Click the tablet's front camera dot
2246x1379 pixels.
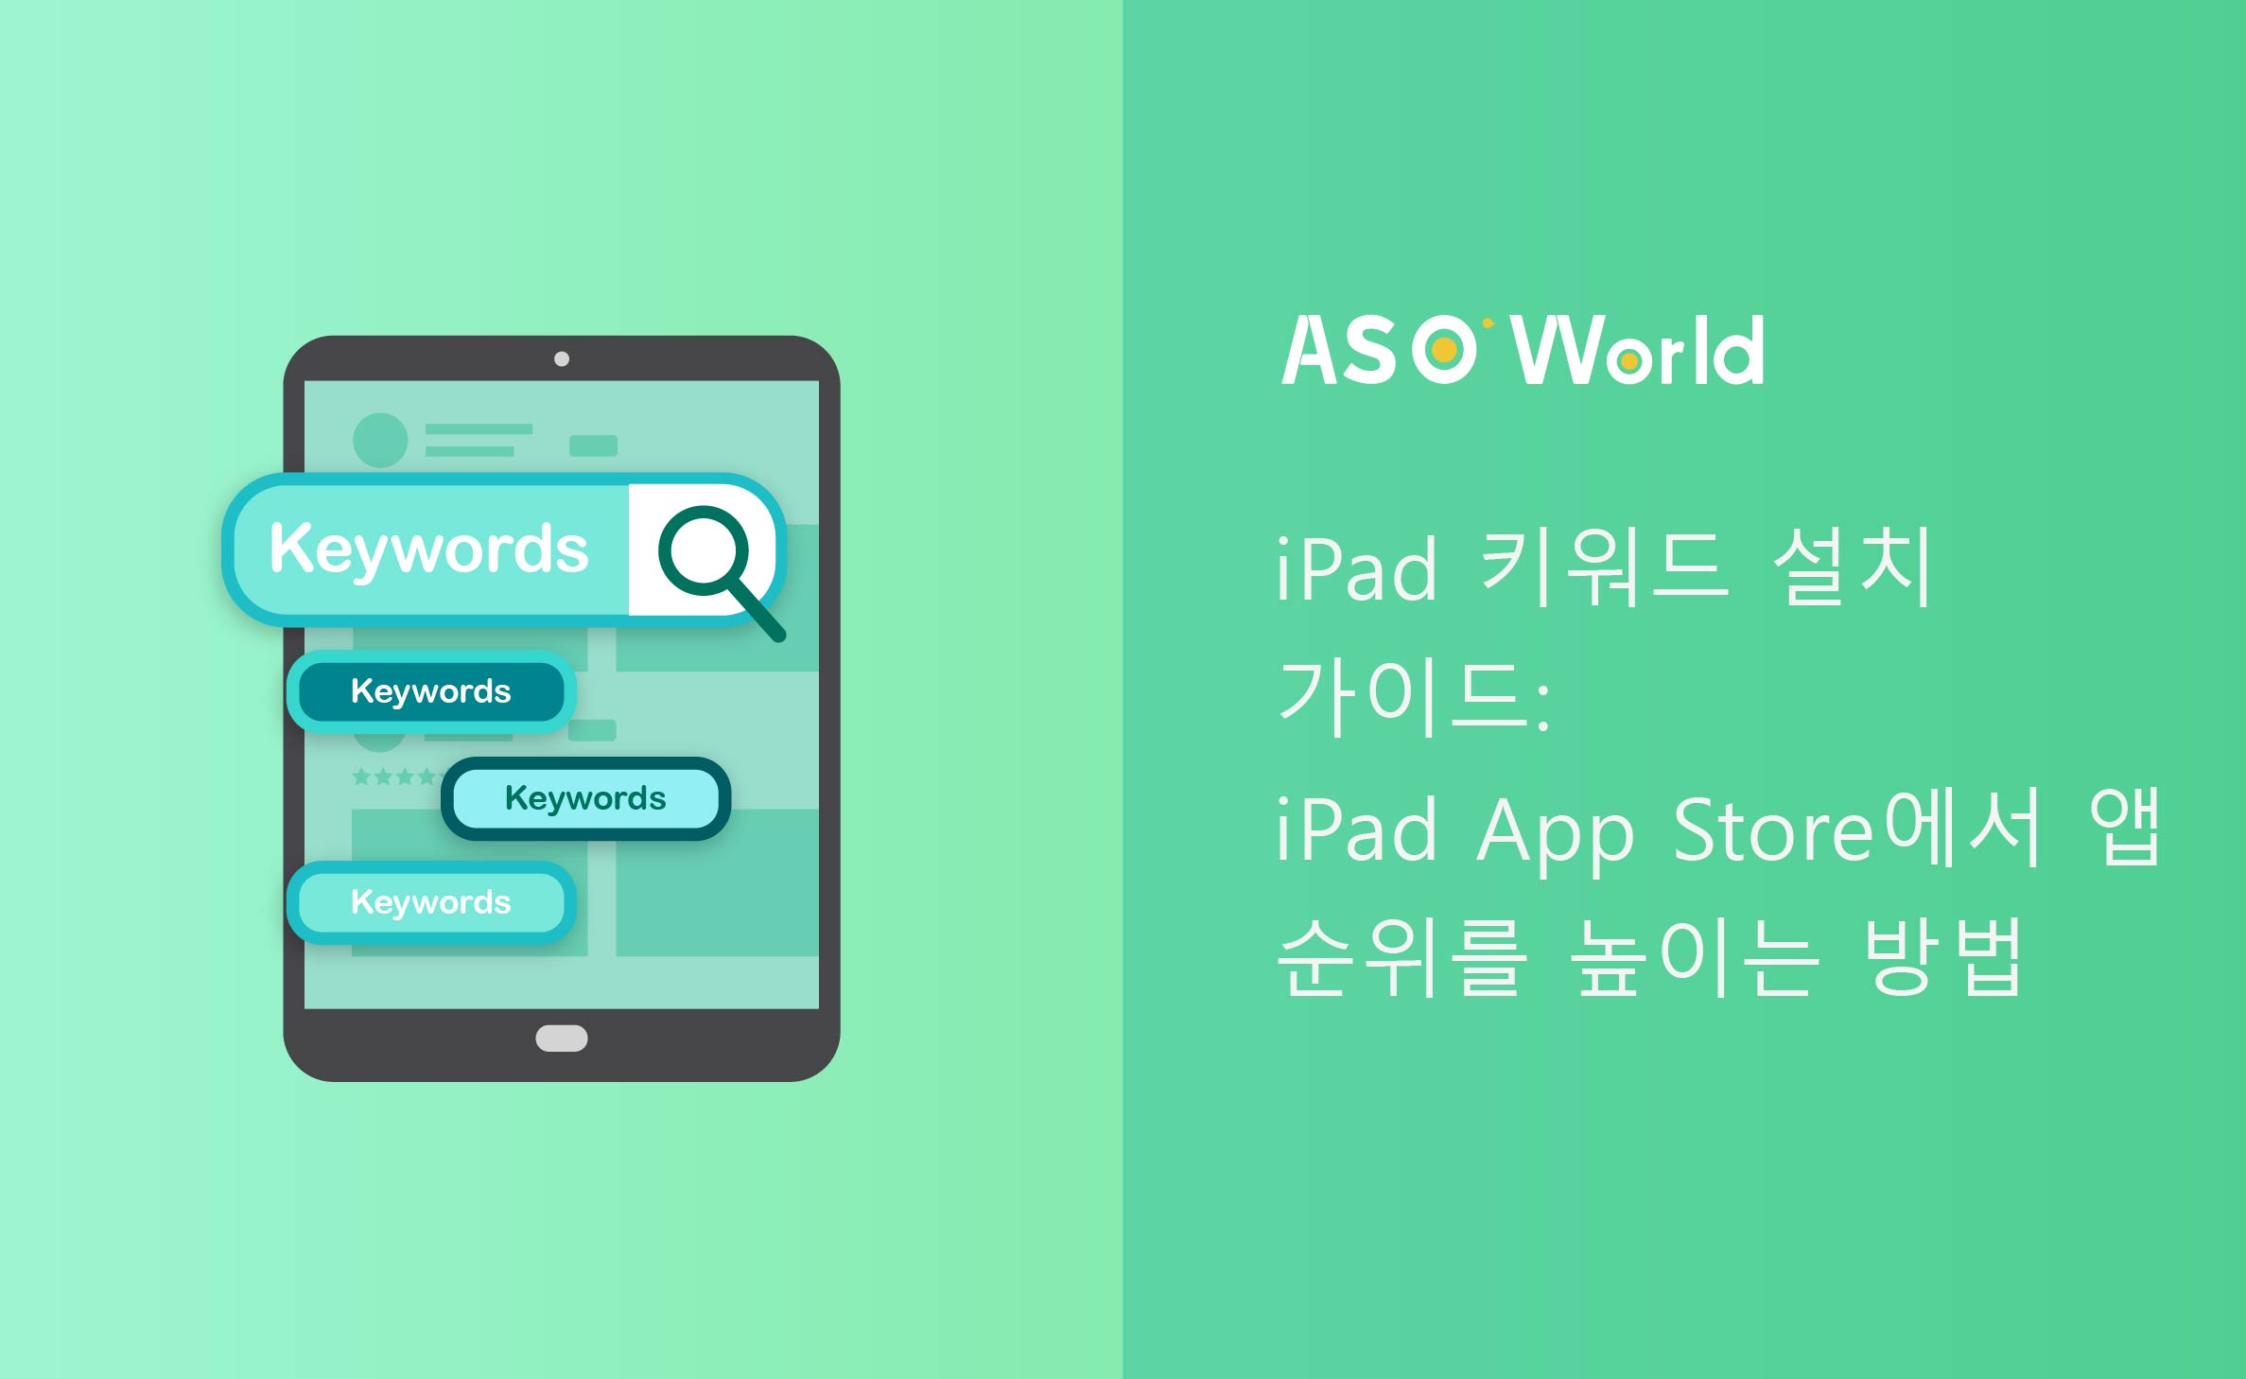click(562, 359)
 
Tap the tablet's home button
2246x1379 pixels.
click(562, 1039)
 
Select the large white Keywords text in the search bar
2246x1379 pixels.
click(429, 550)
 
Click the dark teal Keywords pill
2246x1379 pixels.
click(431, 691)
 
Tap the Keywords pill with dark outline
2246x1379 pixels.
click(585, 798)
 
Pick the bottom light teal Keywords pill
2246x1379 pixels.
click(431, 902)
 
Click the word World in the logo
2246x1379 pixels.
click(1638, 350)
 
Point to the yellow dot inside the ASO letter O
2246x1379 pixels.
click(1444, 350)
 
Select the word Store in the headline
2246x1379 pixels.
click(1775, 831)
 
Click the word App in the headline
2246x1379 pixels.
click(1556, 835)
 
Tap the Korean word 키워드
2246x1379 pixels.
click(1605, 567)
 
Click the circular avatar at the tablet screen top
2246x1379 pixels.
click(380, 440)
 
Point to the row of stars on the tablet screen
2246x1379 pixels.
click(395, 777)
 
